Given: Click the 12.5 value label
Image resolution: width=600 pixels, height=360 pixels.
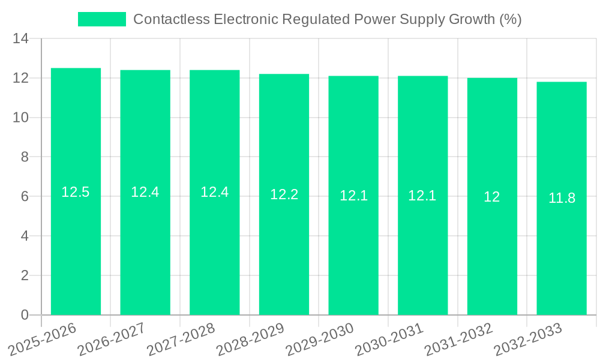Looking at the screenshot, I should pos(76,192).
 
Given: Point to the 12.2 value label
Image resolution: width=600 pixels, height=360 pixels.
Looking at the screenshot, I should pos(284,194).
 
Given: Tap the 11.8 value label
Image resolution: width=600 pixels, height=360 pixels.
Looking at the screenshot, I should pos(562,198).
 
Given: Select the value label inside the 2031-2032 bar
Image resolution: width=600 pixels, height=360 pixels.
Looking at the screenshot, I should pos(492,197).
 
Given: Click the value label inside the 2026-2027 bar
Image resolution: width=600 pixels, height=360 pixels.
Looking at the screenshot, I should pos(145,192).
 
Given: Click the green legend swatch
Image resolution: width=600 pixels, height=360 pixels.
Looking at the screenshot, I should pos(102,19).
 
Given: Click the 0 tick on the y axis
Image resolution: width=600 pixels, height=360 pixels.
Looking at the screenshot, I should pos(25,315).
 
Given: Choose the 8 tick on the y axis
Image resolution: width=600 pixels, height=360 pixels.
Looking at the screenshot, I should pos(25,157).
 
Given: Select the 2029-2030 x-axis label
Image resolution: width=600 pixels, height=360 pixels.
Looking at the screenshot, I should pos(320,339).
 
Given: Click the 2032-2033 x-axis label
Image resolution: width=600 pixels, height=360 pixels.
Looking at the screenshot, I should pos(528,339).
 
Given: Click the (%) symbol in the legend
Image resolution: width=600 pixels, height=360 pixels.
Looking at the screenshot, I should pos(510,19).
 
